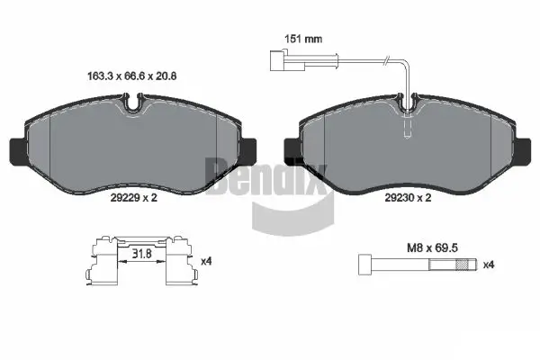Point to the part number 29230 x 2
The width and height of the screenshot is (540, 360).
tap(409, 197)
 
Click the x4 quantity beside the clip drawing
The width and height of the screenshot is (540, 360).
tap(206, 262)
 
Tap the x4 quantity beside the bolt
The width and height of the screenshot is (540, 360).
tap(489, 265)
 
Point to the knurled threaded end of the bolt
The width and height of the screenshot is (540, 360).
tap(465, 265)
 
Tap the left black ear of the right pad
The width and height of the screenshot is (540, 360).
tap(292, 148)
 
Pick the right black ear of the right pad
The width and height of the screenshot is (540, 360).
tap(526, 148)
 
